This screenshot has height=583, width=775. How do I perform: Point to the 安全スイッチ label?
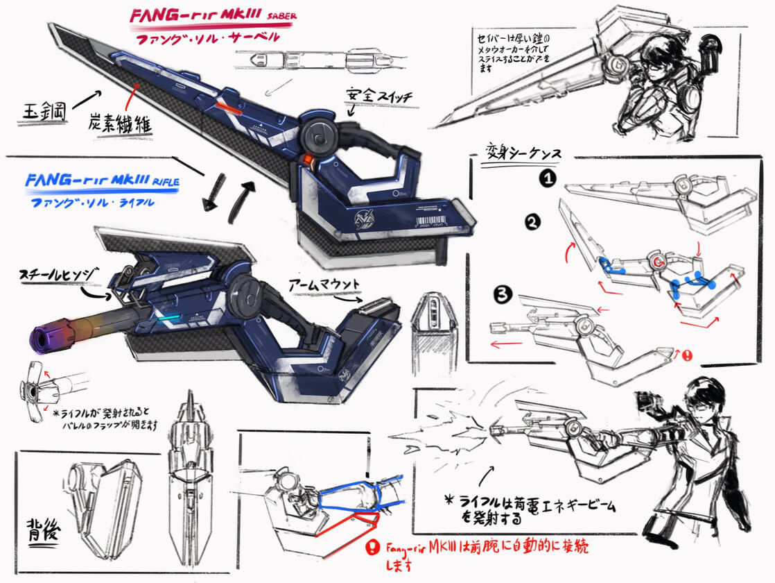(372, 96)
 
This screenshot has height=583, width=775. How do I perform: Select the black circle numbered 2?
(532, 224)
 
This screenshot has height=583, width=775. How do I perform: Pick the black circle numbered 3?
(504, 295)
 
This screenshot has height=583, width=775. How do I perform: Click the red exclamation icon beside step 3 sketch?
(687, 355)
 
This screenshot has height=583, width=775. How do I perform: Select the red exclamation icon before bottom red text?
(375, 546)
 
